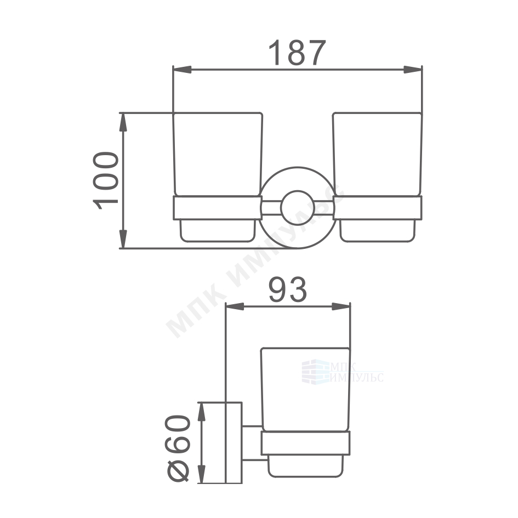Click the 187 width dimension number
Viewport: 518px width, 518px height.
coord(297,53)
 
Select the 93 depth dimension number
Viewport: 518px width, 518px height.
coord(287,290)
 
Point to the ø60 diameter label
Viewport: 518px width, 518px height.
coord(178,448)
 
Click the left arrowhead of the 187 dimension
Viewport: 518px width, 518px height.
coord(182,70)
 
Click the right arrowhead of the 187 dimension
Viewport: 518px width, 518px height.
coord(413,70)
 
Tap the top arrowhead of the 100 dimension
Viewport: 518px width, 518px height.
coord(123,122)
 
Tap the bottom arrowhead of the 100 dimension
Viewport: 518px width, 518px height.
coord(123,239)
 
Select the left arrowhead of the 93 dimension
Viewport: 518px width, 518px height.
coord(235,306)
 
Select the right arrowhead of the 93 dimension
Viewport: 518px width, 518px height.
coord(341,306)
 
